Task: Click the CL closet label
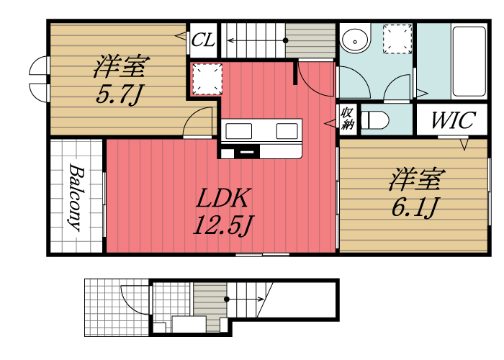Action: tap(203, 41)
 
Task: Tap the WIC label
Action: tap(452, 120)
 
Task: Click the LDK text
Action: tap(222, 197)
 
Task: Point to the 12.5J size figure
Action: tap(222, 226)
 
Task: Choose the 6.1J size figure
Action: tap(416, 207)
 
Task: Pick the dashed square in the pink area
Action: tap(206, 79)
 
